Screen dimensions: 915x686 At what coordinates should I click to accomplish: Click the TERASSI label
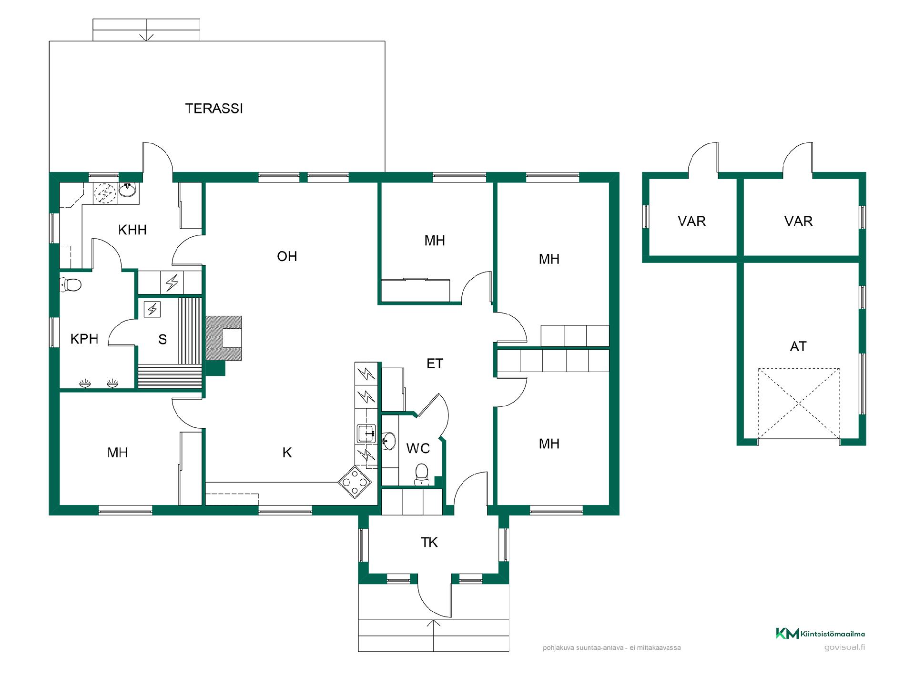[214, 109]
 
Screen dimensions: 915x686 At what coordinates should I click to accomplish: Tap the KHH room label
[132, 230]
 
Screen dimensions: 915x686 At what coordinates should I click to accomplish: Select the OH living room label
[287, 257]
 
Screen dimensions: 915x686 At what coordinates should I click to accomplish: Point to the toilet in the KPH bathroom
[71, 285]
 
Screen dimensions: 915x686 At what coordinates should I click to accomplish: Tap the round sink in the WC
[388, 441]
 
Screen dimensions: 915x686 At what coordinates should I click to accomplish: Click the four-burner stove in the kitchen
[355, 482]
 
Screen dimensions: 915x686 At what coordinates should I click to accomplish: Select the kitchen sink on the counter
[366, 434]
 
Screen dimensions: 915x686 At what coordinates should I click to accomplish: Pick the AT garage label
[798, 346]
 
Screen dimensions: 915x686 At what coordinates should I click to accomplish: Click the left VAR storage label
[691, 221]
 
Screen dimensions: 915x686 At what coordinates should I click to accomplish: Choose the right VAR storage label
[798, 221]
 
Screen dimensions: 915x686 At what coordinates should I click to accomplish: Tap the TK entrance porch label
[429, 542]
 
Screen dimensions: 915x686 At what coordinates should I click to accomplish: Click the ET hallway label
[435, 364]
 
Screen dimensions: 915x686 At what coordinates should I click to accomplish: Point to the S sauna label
[163, 340]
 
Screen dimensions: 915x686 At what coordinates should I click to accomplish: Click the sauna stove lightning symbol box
[152, 310]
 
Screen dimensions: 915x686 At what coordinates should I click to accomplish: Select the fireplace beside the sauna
[223, 339]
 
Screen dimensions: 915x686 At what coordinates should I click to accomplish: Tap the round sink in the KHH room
[127, 191]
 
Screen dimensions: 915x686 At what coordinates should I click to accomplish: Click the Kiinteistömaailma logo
[820, 634]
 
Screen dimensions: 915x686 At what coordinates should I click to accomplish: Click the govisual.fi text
[844, 647]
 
